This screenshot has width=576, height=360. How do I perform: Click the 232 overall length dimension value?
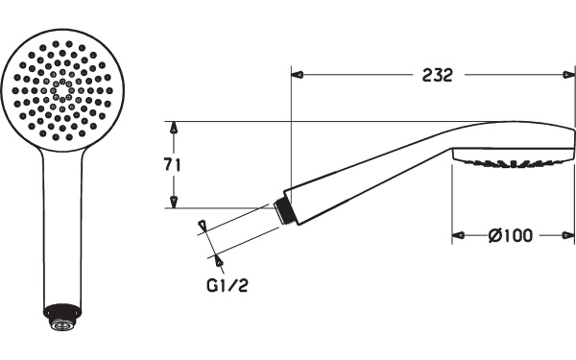tap(437, 75)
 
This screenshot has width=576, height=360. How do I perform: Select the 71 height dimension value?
tap(173, 164)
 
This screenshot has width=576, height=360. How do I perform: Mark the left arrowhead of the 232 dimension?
tap(298, 75)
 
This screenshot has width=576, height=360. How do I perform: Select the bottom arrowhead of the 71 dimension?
tap(174, 201)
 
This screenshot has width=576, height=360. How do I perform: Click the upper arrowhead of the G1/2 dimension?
tap(203, 226)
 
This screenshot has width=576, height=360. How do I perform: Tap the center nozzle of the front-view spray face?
tap(61, 91)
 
